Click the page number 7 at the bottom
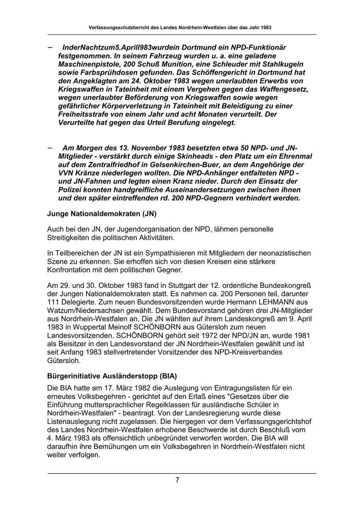click(177, 480)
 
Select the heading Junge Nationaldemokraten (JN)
click(102, 214)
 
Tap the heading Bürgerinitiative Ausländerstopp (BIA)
click(112, 376)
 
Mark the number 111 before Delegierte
click(53, 302)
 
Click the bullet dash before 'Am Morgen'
click(50, 147)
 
